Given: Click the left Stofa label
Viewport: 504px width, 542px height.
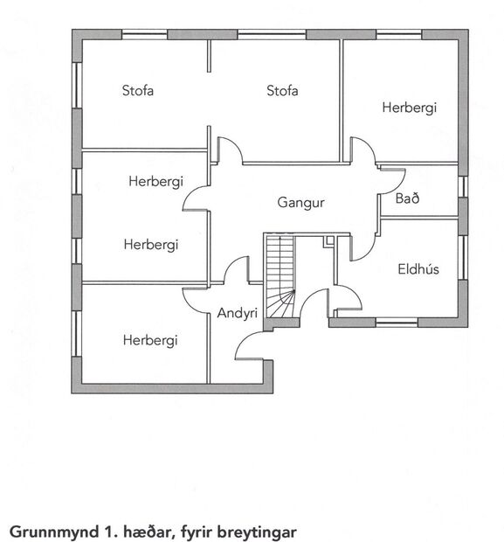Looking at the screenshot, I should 138,90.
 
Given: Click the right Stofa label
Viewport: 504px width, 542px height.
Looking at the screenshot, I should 283,90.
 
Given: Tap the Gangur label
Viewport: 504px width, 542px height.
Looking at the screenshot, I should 301,202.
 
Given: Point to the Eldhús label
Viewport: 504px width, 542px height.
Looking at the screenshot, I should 418,269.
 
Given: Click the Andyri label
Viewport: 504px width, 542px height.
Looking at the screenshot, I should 237,313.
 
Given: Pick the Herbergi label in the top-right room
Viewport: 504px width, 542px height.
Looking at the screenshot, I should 409,108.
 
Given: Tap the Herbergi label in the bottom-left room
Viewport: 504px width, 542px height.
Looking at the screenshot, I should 150,340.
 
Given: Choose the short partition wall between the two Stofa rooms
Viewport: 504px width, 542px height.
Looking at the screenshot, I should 209,58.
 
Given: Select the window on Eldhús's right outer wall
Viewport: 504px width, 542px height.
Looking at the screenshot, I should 463,262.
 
